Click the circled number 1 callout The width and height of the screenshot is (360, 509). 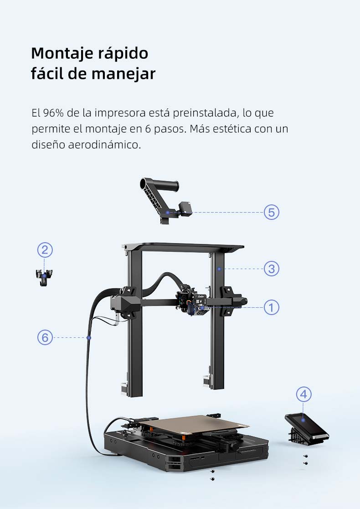tap(272, 307)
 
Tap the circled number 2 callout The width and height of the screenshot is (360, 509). tap(45, 249)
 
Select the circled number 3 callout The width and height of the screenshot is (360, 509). tap(272, 269)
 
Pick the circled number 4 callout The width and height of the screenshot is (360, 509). tap(304, 394)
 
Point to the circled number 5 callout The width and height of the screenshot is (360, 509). tap(272, 212)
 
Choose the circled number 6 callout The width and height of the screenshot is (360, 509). tap(45, 337)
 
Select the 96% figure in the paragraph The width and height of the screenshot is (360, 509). tap(54, 112)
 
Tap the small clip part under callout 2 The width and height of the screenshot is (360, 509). tap(44, 277)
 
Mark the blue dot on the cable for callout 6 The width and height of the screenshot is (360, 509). tap(89, 337)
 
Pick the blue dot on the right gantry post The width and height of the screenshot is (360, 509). tap(219, 269)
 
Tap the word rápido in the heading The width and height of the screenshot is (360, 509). tap(123, 54)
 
